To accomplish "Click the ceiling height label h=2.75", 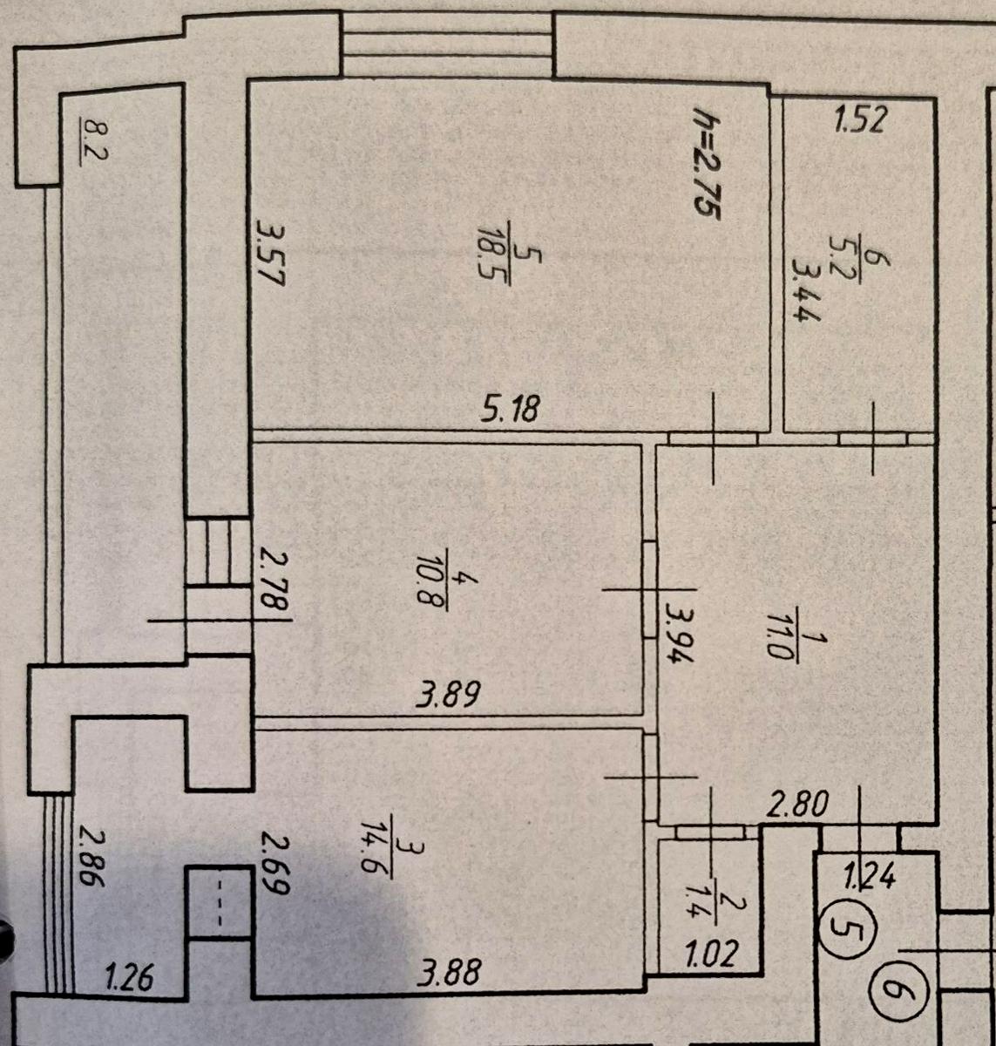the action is point(707,165).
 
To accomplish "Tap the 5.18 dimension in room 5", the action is point(511,408).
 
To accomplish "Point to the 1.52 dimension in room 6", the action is point(862,119).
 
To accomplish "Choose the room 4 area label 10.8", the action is point(432,580).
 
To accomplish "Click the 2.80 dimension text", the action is point(797,804).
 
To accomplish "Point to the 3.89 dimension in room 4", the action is point(449,695).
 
